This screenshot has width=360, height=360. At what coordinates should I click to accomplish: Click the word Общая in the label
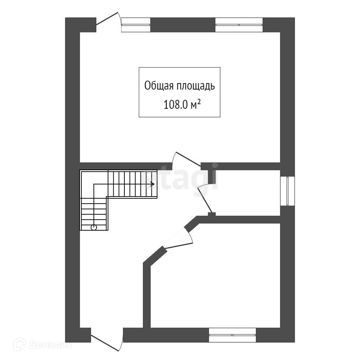pos(159,86)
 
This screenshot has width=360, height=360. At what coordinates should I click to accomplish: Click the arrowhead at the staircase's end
pos(152,184)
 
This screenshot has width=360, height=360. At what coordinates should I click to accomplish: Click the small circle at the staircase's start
pos(94,227)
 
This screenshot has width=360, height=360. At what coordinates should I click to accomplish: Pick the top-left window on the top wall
pos(136,25)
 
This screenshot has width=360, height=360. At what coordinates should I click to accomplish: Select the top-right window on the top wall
pos(239,25)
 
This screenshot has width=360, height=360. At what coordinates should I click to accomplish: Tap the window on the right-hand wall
pos(287,191)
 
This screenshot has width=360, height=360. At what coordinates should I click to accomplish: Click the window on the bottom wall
pos(232,335)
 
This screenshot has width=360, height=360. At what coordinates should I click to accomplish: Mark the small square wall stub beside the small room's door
pos(212,214)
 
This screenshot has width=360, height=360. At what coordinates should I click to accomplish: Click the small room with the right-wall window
pos(249,192)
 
